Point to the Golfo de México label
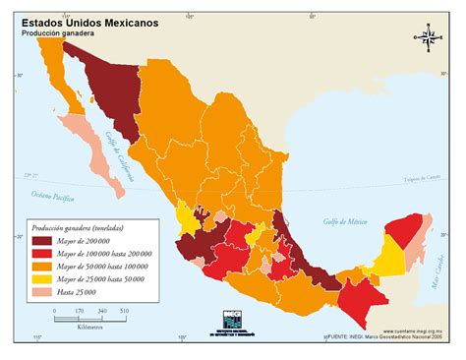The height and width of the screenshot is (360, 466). click(x=345, y=221)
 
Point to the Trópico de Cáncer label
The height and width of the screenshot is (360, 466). click(x=423, y=179)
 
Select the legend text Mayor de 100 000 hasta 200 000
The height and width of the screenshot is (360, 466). click(x=109, y=253)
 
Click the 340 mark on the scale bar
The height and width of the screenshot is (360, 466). click(x=101, y=310)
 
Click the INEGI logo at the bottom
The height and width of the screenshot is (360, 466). click(x=233, y=319)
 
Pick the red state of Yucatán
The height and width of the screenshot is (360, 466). click(x=404, y=234)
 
